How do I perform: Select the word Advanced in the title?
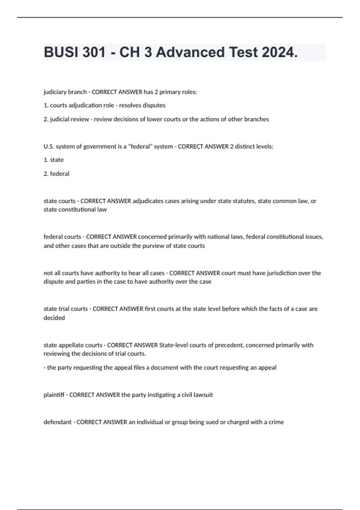point(190,52)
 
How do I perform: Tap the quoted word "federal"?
point(140,146)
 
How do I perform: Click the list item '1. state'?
point(54,160)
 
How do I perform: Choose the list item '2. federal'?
point(56,174)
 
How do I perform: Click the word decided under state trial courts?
point(54,318)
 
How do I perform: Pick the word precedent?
point(229,345)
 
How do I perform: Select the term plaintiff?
point(54,395)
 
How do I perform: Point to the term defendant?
point(58,422)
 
